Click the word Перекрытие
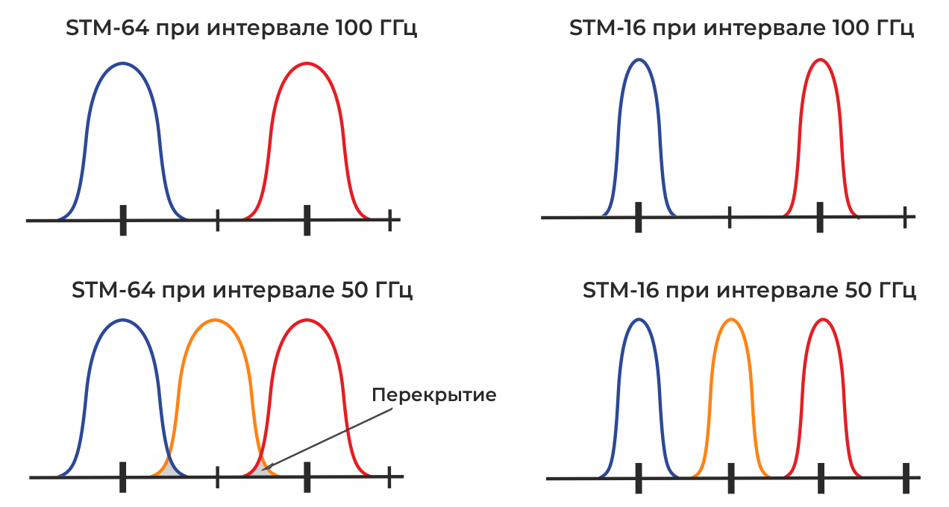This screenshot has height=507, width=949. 433,394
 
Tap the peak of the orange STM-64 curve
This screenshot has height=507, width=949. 214,321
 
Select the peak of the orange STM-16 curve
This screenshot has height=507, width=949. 731,320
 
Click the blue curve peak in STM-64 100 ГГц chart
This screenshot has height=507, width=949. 123,63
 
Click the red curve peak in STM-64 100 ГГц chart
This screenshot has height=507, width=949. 307,63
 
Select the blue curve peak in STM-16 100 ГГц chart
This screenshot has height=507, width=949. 638,60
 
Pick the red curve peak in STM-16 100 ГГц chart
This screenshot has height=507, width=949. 820,60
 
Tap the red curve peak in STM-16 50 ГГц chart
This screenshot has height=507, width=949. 822,320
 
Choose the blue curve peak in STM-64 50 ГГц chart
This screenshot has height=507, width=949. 122,321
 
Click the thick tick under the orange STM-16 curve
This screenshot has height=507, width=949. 731,478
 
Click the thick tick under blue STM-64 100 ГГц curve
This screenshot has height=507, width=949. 123,220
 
